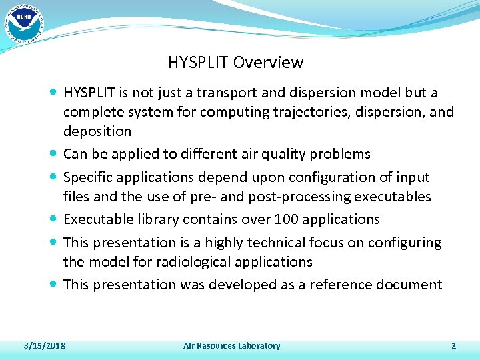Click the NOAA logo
[x=23, y=23]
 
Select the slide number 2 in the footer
[x=453, y=345]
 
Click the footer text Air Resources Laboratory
[x=231, y=345]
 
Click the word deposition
[x=97, y=131]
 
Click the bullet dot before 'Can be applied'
[x=53, y=154]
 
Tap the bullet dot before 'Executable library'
[x=53, y=219]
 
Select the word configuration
[x=323, y=177]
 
